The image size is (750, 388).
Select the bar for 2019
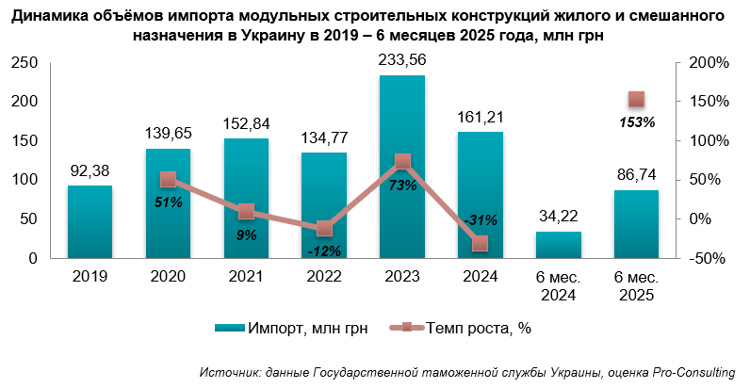pos(90,221)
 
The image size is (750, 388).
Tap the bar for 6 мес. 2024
pos(558,245)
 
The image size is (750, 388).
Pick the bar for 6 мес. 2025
pos(636,224)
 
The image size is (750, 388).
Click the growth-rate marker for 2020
pos(168,180)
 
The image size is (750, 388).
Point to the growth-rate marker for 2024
pos(481,243)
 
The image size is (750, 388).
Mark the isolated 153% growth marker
pos(636,99)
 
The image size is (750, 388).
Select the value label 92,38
pos(90,172)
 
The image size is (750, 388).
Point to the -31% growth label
pos(481,219)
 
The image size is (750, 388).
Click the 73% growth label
pos(402,186)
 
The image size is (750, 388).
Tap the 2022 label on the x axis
pos(324,277)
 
